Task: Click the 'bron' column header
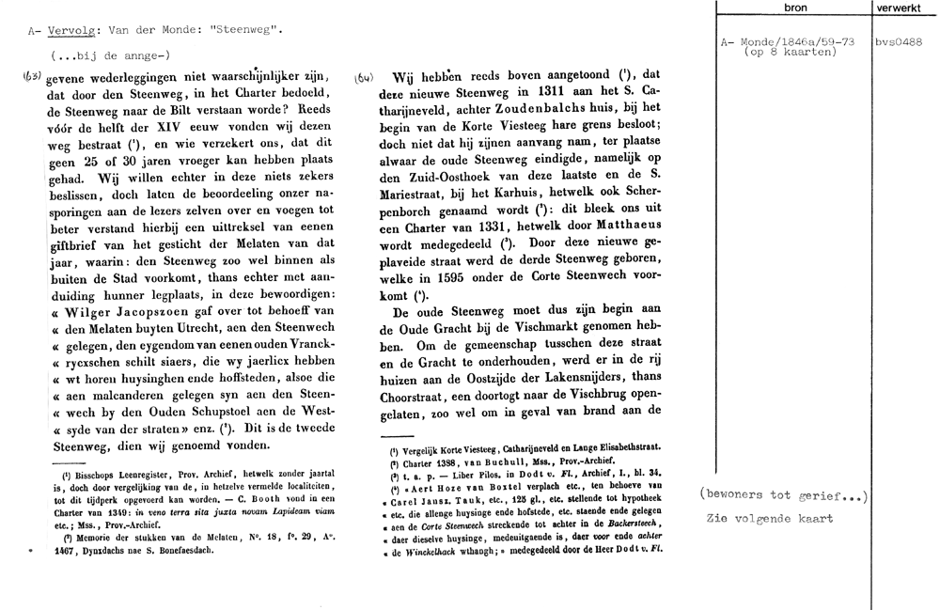795,8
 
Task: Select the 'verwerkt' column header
906,8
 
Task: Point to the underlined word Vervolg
69,30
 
